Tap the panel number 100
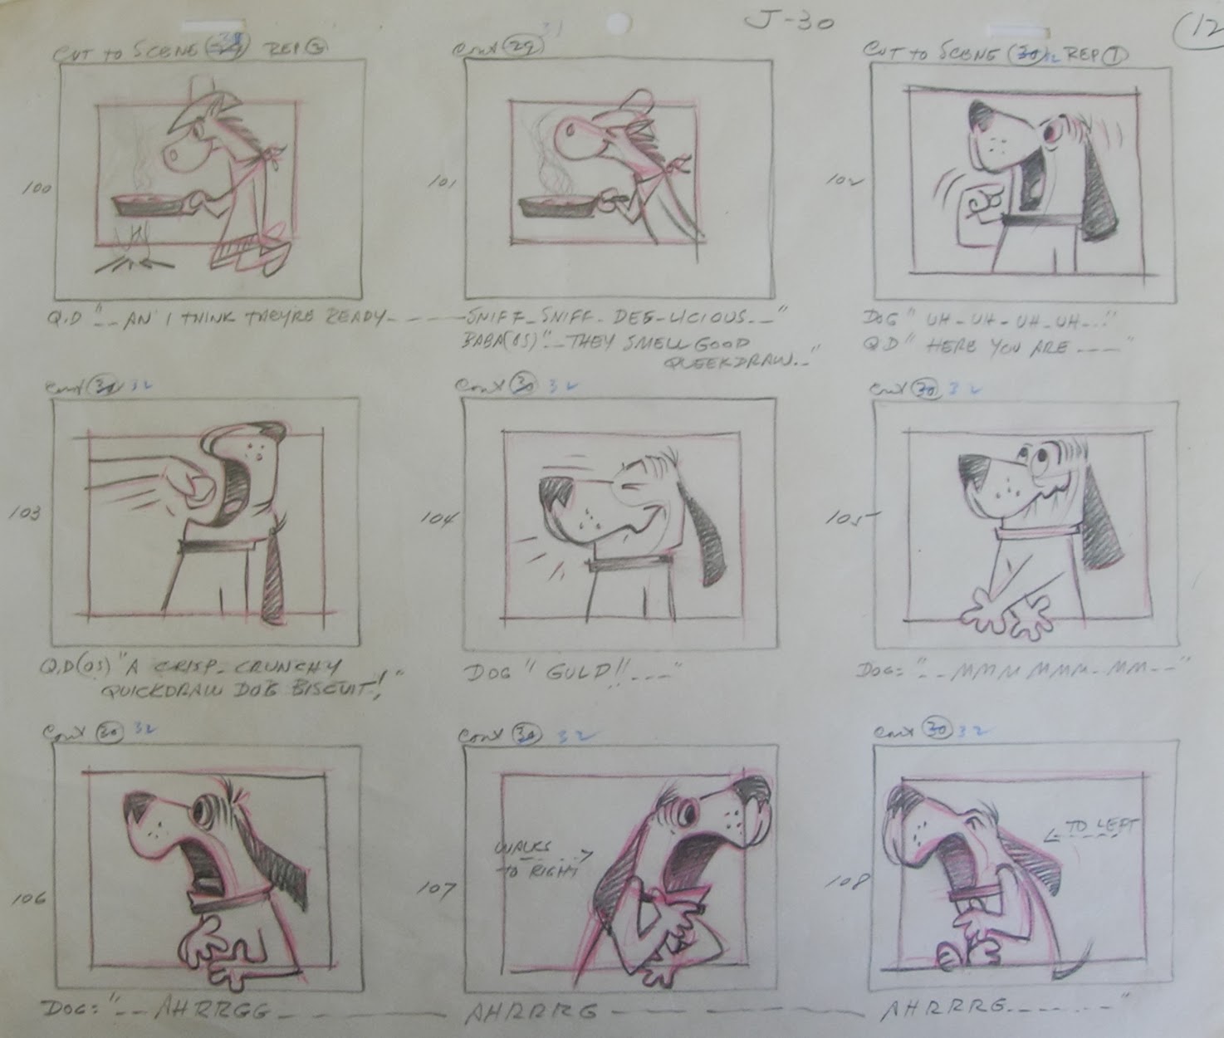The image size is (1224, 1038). (x=37, y=189)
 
